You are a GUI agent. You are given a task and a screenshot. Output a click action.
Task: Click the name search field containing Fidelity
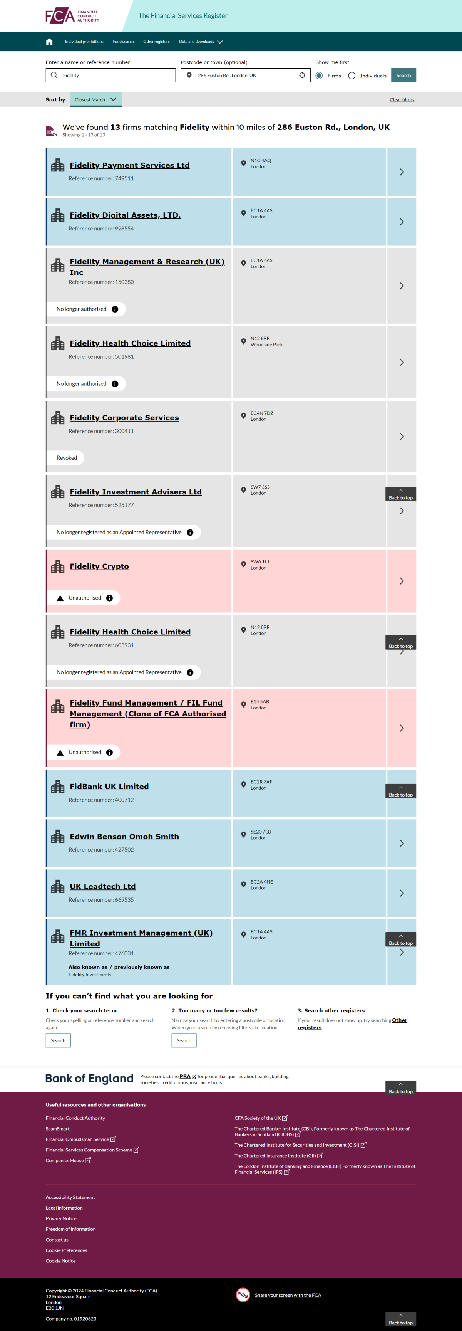(110, 76)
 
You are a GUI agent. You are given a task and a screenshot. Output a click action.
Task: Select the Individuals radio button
(352, 76)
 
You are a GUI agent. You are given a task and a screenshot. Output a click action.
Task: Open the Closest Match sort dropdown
(95, 100)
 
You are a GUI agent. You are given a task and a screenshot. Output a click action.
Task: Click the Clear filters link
(402, 100)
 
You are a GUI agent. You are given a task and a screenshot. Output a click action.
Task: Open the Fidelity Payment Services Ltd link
(130, 165)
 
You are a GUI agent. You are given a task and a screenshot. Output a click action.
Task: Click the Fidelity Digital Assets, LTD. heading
(125, 215)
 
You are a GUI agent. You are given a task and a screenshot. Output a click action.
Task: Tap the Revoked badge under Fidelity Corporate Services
(67, 458)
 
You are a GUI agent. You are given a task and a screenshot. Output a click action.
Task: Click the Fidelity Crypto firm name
(99, 566)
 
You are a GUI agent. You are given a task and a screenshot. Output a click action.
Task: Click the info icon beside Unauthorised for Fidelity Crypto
(109, 598)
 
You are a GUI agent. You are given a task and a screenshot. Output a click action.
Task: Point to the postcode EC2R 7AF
(261, 782)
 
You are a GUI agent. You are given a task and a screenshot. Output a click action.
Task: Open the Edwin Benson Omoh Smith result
(124, 837)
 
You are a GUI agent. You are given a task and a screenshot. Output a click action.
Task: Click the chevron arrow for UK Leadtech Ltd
(401, 893)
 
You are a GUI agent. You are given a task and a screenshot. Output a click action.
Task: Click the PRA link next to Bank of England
(185, 1076)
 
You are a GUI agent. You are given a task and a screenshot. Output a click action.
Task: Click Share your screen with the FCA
(288, 1295)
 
